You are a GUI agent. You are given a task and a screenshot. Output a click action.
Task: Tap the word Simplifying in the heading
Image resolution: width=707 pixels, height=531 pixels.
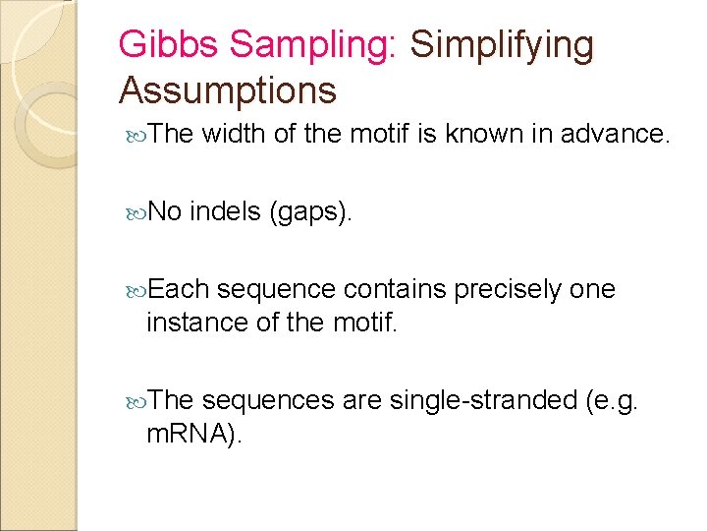click(x=502, y=44)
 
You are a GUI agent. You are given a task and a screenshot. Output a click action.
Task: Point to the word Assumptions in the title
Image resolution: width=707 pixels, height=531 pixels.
click(x=228, y=90)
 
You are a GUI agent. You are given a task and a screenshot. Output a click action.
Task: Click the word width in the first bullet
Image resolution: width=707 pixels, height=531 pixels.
click(x=234, y=134)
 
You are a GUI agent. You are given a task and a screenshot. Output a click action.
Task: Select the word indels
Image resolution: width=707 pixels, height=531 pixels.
click(x=224, y=211)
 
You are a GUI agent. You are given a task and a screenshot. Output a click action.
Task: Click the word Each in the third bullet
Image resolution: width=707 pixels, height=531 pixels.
click(x=181, y=289)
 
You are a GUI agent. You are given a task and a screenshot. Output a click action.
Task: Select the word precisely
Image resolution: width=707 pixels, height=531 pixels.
click(x=501, y=290)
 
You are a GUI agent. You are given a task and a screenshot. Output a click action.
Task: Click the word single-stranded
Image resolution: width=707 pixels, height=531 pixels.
click(x=483, y=399)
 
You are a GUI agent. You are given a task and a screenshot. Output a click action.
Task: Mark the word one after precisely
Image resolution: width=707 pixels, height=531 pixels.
click(x=592, y=289)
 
